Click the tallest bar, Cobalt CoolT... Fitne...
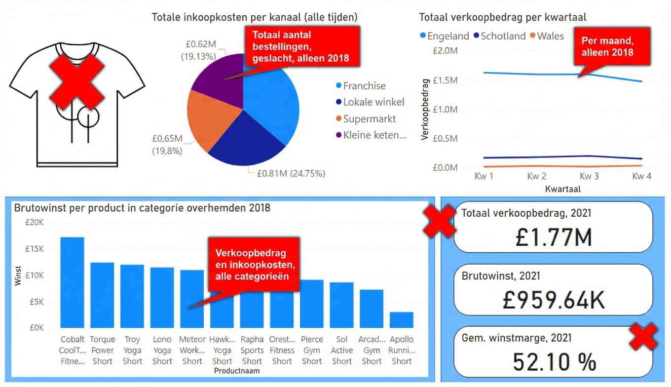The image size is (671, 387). coord(72,282)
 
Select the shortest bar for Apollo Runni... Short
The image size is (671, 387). coord(401,319)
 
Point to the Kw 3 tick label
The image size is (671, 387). coord(589,176)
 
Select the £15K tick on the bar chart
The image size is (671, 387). coord(36,249)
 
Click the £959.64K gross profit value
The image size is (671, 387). coord(553,299)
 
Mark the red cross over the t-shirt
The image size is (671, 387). coord(76,82)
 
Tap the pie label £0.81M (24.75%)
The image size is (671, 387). coord(291,173)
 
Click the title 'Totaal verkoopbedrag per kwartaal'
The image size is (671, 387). coord(503,17)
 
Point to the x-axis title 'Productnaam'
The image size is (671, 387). coord(237,371)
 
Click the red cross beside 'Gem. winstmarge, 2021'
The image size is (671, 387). coord(643,337)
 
